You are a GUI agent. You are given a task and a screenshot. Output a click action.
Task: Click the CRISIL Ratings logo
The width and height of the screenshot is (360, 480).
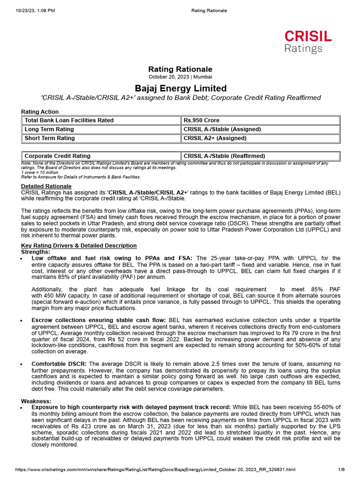308,41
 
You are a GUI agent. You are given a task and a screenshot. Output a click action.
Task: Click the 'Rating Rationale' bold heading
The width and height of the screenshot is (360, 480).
180,69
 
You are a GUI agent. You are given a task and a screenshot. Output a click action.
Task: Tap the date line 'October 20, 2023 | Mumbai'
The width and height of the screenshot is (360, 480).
180,76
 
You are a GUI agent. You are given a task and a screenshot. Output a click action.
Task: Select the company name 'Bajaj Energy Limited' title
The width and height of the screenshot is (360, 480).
180,88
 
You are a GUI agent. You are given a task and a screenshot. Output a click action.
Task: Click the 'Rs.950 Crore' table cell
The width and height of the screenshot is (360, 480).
202,120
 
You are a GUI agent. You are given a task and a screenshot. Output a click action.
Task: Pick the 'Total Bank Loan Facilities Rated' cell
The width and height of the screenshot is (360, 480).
69,120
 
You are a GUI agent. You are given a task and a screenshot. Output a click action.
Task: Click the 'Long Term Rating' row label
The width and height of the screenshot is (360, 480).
49,129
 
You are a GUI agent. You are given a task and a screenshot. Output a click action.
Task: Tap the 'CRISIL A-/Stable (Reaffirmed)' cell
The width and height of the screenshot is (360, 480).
224,156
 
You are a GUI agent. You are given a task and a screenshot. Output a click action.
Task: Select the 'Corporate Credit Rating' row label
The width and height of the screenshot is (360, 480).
57,156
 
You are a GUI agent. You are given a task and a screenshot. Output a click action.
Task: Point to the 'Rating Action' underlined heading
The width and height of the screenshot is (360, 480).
40,112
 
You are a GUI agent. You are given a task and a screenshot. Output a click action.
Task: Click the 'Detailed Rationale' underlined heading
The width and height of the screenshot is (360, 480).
46,187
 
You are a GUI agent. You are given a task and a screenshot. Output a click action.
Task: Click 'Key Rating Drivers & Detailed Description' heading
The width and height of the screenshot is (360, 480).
79,246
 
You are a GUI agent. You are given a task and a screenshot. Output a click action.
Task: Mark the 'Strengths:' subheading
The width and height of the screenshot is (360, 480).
35,252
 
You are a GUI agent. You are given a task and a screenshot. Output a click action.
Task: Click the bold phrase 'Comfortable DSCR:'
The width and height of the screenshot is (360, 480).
59,364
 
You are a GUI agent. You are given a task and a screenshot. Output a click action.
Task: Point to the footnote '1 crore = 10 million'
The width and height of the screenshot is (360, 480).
40,172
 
